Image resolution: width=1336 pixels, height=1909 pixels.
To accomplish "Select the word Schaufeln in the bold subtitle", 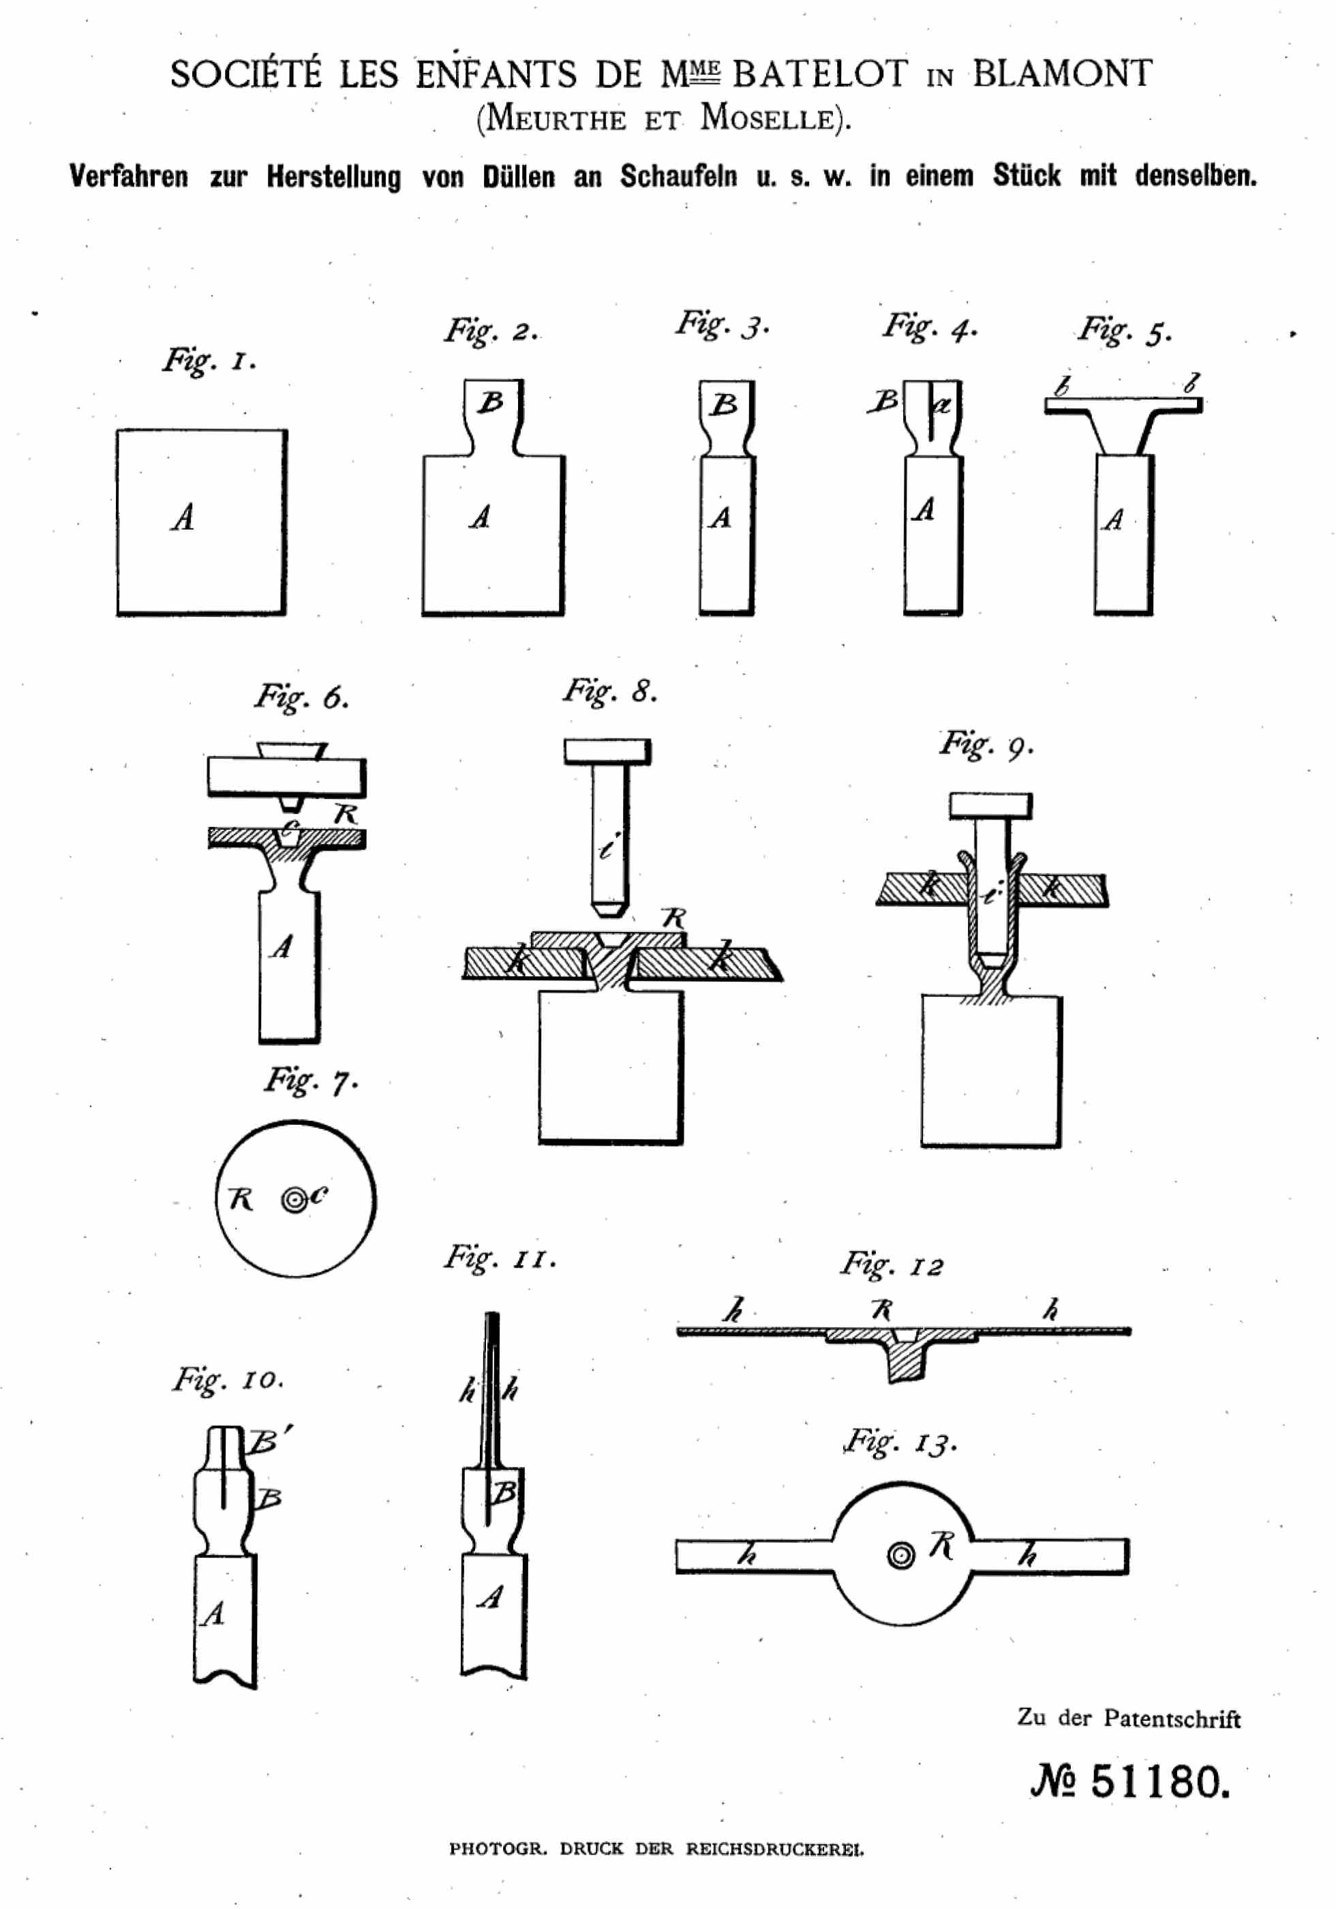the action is click(678, 177).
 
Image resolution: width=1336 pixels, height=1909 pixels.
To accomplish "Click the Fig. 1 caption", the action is click(209, 361).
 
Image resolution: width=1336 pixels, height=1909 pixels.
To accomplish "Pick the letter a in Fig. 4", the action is click(942, 406).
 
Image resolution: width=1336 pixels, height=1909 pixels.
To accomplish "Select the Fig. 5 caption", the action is click(1124, 331).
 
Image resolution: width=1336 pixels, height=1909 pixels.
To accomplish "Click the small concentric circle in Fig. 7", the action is click(294, 1200).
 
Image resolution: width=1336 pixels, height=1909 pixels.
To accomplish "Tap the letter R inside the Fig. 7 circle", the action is click(240, 1199).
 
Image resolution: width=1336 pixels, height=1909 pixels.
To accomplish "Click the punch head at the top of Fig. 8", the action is click(607, 751).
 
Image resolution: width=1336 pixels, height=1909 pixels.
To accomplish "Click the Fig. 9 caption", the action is click(986, 744).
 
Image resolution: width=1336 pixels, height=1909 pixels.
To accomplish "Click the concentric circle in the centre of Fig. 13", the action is click(900, 1554).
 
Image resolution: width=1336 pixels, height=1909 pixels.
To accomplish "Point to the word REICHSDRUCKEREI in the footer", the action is click(774, 1848).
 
